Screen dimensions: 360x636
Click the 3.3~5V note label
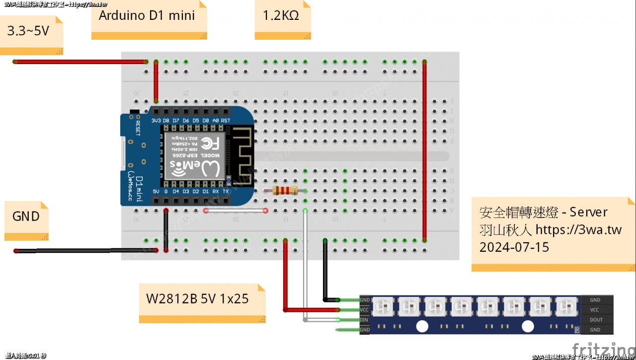pyautogui.click(x=28, y=31)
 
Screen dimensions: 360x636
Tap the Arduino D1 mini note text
pyautogui.click(x=147, y=15)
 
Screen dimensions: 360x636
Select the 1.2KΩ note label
pyautogui.click(x=281, y=15)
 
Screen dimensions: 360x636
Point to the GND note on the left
pyautogui.click(x=26, y=216)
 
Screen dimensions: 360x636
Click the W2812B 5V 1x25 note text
pyautogui.click(x=197, y=299)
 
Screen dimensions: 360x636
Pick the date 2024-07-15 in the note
pyautogui.click(x=514, y=247)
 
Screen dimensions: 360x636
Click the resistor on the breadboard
pyautogui.click(x=283, y=191)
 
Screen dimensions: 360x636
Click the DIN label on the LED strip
pyautogui.click(x=365, y=320)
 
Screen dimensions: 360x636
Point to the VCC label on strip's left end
pyautogui.click(x=365, y=310)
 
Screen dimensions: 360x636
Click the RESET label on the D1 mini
pyautogui.click(x=138, y=128)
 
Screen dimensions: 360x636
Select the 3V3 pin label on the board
pyautogui.click(x=156, y=121)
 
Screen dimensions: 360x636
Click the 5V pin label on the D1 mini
pyautogui.click(x=156, y=191)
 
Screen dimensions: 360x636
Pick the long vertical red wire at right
pyautogui.click(x=424, y=149)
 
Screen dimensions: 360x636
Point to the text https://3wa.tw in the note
pyautogui.click(x=579, y=230)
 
